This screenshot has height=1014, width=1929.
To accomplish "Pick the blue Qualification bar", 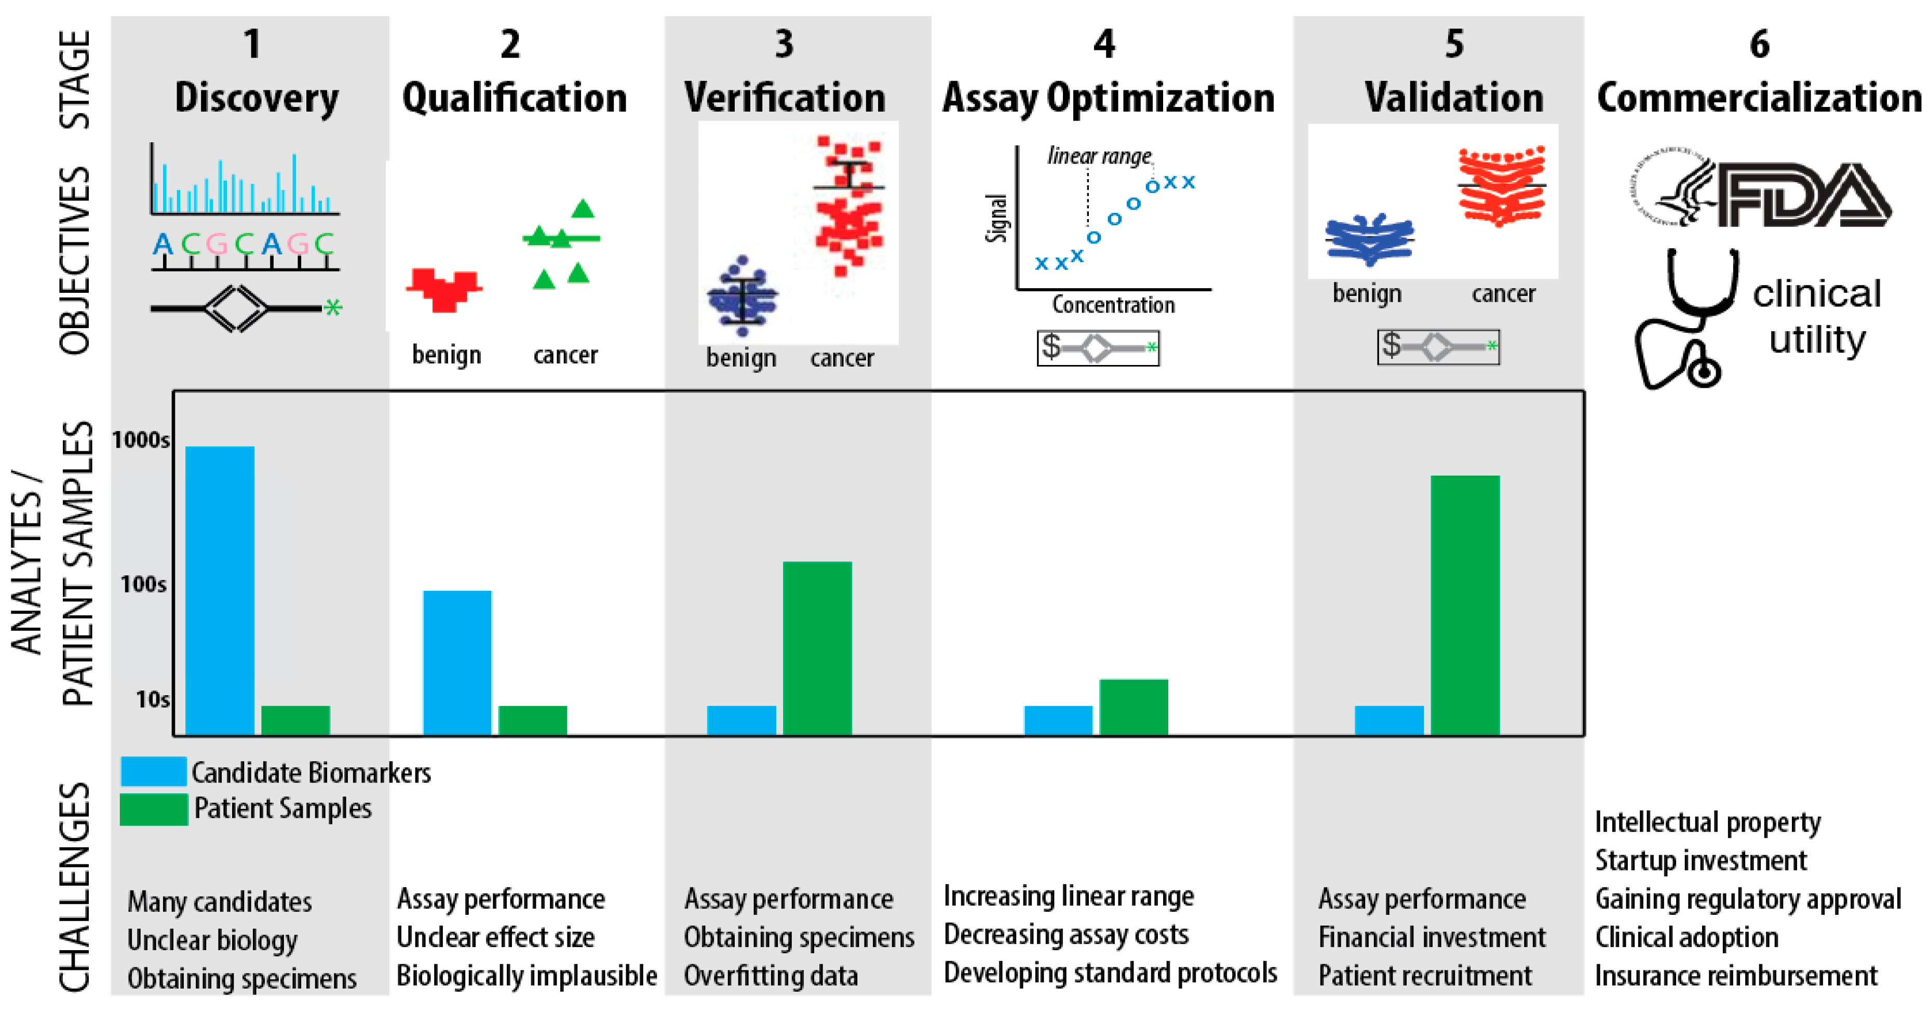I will click(457, 663).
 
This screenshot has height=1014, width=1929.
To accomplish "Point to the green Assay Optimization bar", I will click(1133, 707).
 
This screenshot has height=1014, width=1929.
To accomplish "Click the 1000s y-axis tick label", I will click(141, 440).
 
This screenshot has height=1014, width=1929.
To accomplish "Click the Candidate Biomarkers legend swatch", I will click(154, 772).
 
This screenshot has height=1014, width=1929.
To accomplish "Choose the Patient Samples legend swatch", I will click(154, 809).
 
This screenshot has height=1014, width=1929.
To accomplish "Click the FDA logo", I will click(1760, 193).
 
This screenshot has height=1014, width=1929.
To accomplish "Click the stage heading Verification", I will click(785, 98).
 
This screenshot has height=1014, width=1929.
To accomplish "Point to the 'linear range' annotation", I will click(1099, 156).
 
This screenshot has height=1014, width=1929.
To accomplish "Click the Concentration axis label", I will click(1113, 305).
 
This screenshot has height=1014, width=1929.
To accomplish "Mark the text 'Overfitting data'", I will click(771, 975).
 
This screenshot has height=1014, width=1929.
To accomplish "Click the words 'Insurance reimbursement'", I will click(1736, 975).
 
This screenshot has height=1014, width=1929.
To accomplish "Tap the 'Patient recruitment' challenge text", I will click(1425, 975).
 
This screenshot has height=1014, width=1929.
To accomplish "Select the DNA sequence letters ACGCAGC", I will click(244, 244).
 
